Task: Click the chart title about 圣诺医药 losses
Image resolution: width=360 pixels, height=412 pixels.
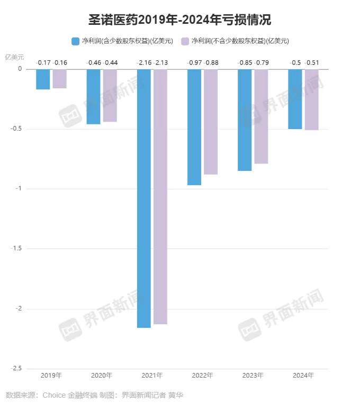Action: [x=179, y=21]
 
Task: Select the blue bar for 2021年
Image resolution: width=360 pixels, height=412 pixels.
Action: [x=144, y=198]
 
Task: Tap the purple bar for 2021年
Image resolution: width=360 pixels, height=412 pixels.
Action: [x=160, y=196]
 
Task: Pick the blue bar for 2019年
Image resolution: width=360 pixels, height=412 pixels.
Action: [x=43, y=79]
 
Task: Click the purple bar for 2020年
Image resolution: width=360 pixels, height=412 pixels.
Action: [x=110, y=96]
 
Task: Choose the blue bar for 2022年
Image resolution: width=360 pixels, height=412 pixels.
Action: [x=194, y=127]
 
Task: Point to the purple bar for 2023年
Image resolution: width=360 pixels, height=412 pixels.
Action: [x=261, y=116]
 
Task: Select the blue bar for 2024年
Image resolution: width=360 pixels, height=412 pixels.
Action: [x=295, y=99]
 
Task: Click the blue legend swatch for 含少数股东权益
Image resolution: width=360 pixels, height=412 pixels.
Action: [x=76, y=41]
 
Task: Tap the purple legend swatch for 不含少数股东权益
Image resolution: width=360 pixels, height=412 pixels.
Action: [x=185, y=41]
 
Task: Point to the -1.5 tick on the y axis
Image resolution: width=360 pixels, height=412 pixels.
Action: [x=16, y=249]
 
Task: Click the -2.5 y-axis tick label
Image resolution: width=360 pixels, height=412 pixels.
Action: [x=16, y=369]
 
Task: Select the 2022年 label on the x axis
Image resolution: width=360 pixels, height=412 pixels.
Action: [x=202, y=376]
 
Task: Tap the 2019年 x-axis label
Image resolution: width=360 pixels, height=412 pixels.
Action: [x=51, y=376]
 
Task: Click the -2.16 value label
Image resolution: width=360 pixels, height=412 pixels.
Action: [x=143, y=63]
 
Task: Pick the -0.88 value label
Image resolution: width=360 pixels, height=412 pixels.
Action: [x=211, y=63]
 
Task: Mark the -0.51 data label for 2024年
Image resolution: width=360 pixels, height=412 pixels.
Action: [x=312, y=63]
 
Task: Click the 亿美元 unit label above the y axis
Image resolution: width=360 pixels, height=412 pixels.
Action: [x=14, y=56]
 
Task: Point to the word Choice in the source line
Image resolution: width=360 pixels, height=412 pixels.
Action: [x=53, y=395]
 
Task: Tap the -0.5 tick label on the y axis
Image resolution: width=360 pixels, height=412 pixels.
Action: [x=16, y=129]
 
